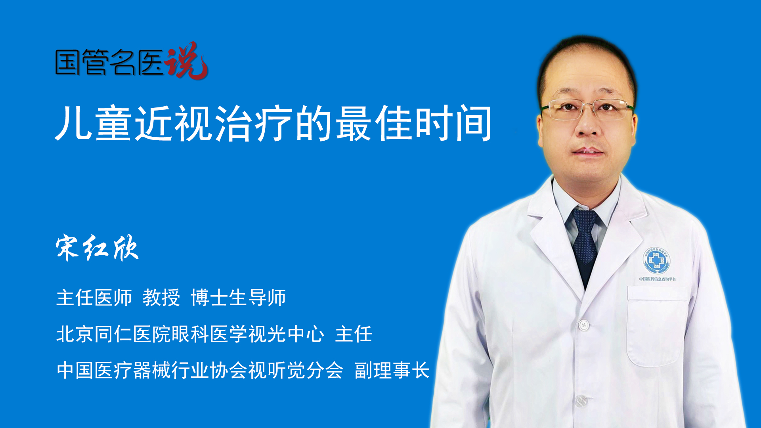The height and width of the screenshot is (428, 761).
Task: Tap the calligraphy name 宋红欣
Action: (x=97, y=248)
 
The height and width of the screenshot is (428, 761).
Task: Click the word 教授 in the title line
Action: (x=161, y=298)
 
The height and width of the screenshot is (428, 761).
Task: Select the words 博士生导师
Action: (x=238, y=298)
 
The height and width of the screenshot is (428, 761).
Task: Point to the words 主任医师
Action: (x=94, y=298)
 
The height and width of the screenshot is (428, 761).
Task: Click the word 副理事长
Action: (x=392, y=371)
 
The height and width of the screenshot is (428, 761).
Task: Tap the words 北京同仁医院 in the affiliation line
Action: (x=113, y=334)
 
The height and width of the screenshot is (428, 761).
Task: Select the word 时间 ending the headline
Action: (x=453, y=123)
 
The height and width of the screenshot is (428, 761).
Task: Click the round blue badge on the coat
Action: (x=656, y=260)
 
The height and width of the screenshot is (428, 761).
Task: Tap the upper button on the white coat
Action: (x=583, y=325)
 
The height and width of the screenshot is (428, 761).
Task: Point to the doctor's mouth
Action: (x=588, y=152)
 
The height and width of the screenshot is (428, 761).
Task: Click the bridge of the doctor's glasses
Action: (x=588, y=105)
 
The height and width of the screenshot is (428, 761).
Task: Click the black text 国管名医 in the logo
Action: (x=109, y=62)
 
